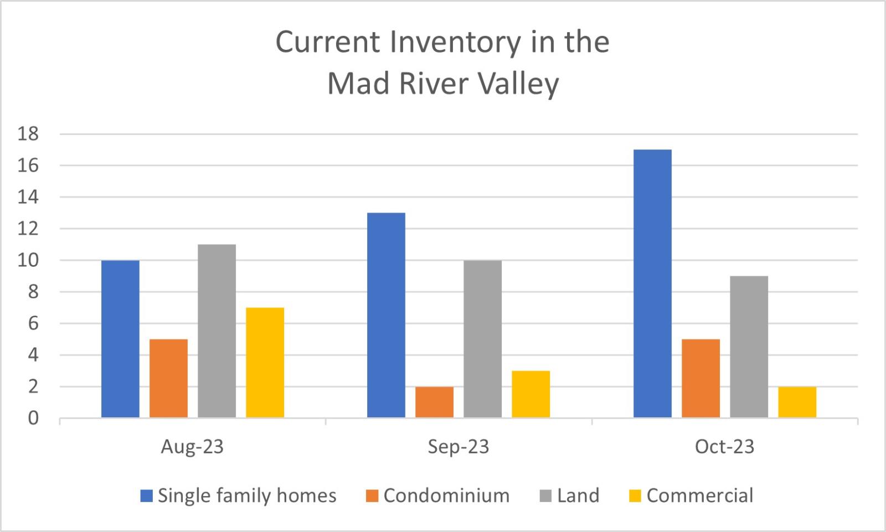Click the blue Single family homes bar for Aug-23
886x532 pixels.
point(120,339)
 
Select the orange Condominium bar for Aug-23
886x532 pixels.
point(168,379)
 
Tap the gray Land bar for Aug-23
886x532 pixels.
point(217,331)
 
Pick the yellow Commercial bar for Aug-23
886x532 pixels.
point(265,363)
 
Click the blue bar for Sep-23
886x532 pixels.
point(386,315)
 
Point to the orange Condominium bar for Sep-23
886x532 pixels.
point(434,402)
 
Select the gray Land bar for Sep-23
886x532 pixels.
point(482,339)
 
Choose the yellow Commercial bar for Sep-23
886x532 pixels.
point(531,394)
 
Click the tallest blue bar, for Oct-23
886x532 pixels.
point(653,283)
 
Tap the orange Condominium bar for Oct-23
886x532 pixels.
point(701,379)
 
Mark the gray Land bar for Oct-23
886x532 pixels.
point(749,347)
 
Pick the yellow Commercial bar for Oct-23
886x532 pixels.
point(797,402)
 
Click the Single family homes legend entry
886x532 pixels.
point(239,495)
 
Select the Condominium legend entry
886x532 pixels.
point(438,495)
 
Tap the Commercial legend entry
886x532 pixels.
point(691,495)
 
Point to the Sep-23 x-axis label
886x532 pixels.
point(459,447)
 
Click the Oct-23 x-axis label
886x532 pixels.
point(725,447)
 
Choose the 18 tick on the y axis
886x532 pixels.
point(28,134)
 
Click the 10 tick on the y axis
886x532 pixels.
point(28,260)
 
